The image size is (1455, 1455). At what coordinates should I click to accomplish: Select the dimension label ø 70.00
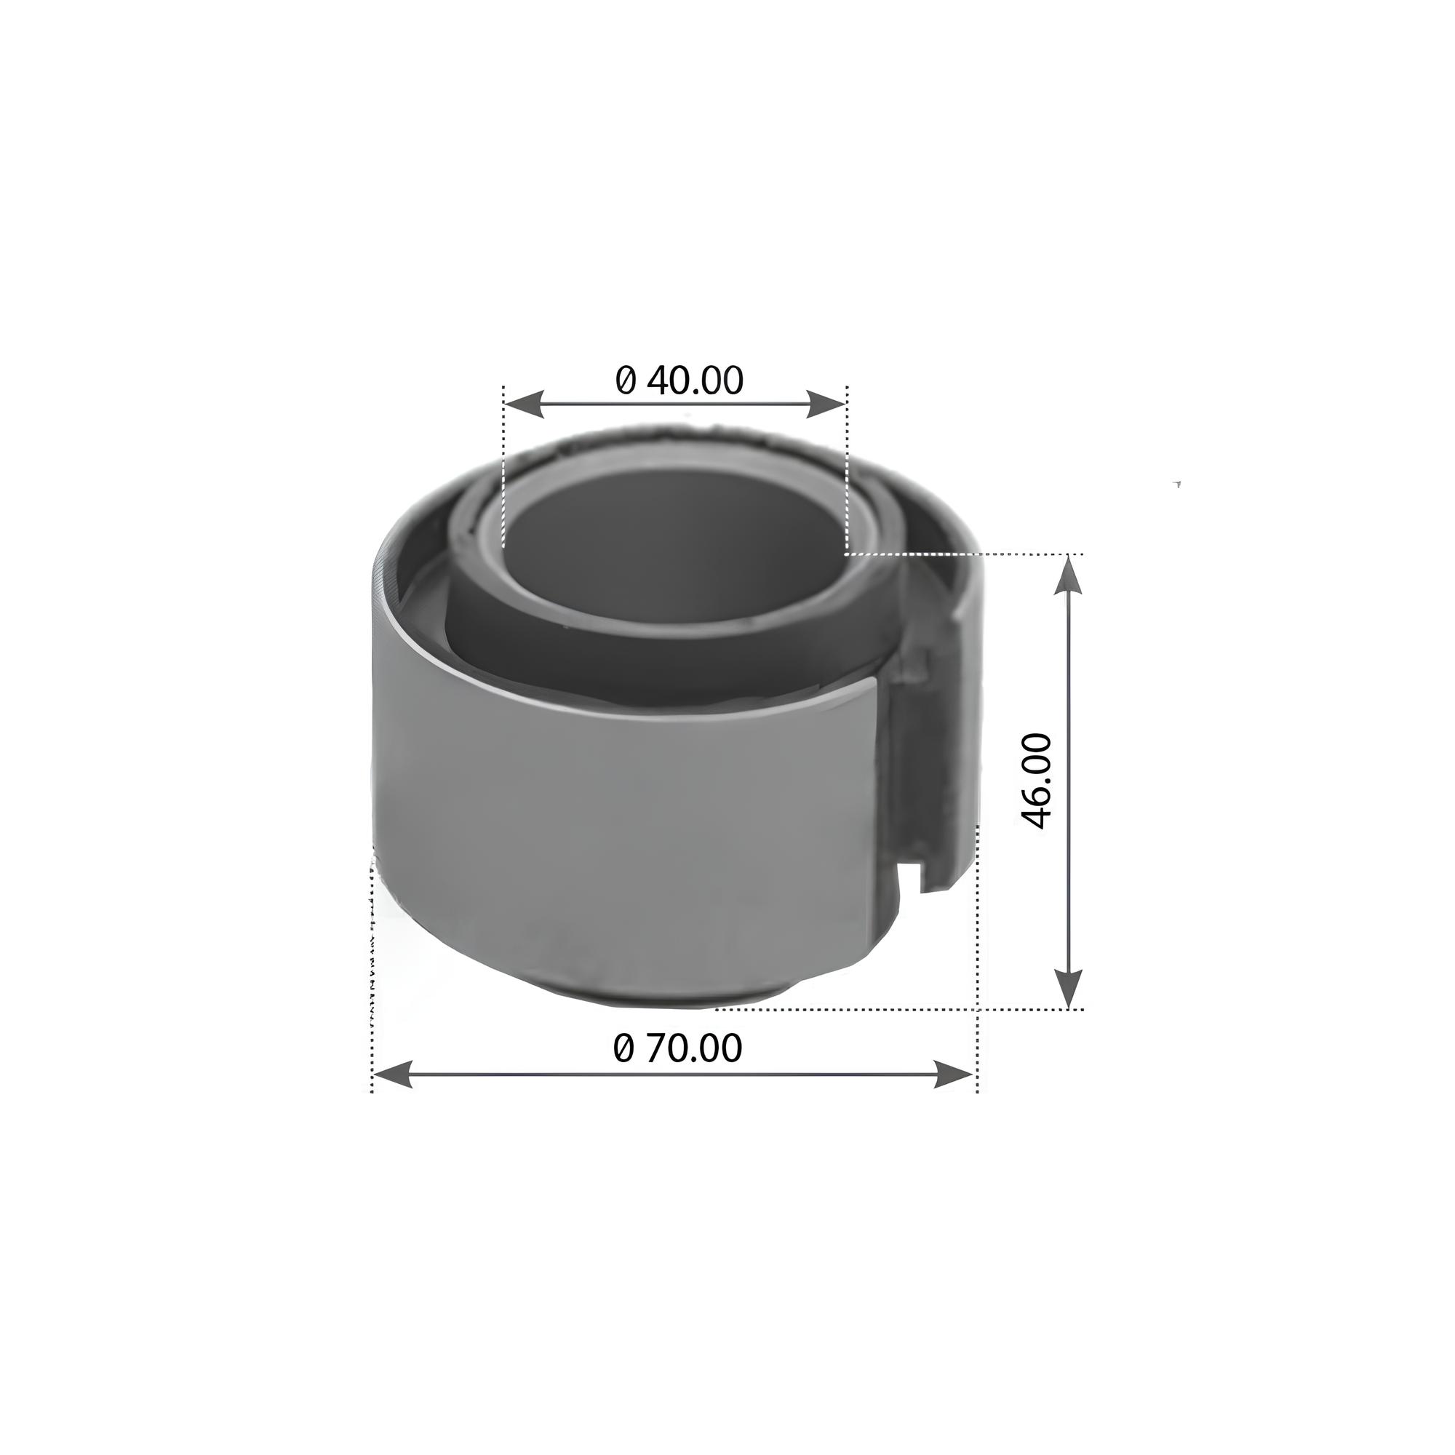point(678,1048)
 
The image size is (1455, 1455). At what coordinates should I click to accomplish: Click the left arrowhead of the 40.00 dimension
point(522,404)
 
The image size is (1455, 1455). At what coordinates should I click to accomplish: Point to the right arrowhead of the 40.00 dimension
point(827,404)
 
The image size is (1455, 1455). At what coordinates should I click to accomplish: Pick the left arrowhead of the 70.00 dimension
point(392,1074)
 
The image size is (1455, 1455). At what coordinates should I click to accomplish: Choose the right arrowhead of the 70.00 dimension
point(955,1074)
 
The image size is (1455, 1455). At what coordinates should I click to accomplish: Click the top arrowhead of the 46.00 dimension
point(1068,575)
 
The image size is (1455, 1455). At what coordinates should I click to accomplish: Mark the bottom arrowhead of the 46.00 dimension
point(1068,988)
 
